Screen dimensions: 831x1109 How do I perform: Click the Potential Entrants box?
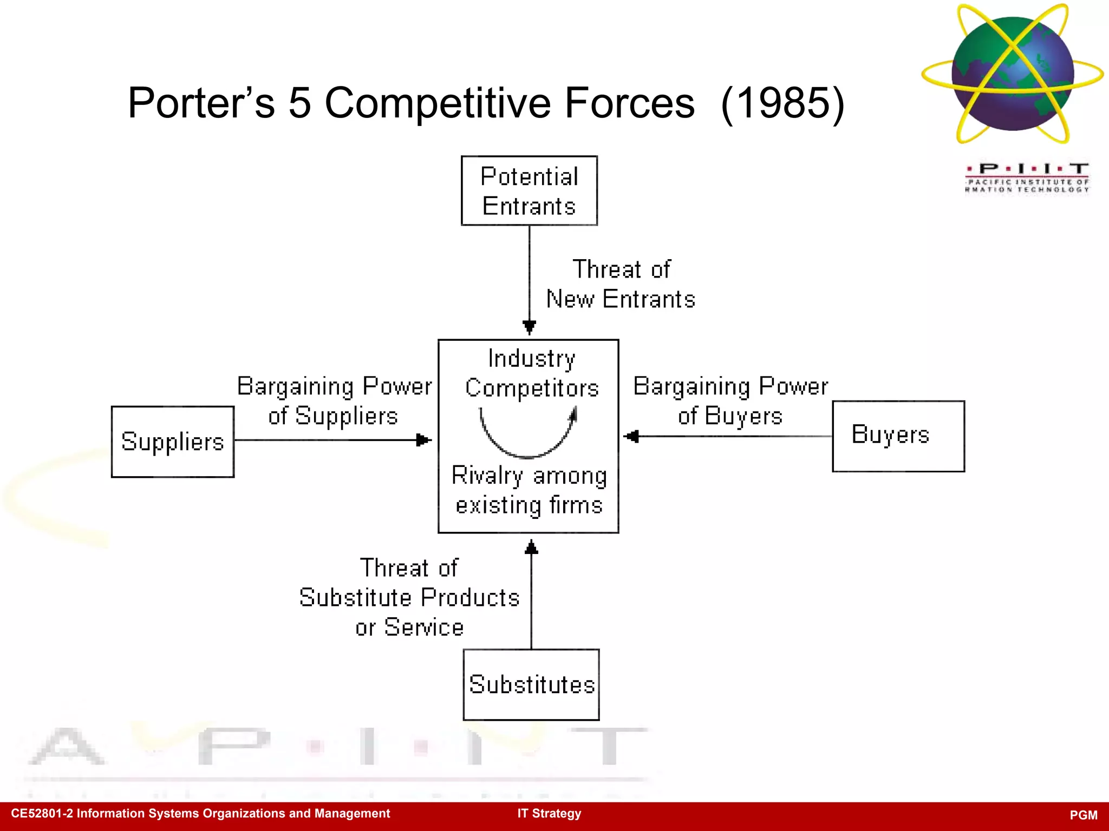pos(529,190)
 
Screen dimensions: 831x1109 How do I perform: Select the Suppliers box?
pos(172,441)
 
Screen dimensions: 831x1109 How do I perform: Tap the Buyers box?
pos(898,436)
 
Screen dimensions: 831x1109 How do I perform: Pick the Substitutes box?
pos(531,684)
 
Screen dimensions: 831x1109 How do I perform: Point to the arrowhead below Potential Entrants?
pos(529,326)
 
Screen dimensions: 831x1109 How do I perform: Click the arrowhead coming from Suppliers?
pos(423,440)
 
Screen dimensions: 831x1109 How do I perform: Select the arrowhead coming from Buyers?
pos(632,436)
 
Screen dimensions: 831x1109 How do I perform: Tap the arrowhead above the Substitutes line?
pos(531,548)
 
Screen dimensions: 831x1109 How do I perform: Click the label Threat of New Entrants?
pos(621,284)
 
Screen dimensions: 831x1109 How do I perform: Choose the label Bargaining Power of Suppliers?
pos(334,401)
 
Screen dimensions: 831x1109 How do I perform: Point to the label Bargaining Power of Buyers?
pos(730,401)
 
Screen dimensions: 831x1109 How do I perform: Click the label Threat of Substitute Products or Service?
pos(409,597)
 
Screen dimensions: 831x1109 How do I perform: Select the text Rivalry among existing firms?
pos(529,490)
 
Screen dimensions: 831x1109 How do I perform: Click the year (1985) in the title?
pos(782,103)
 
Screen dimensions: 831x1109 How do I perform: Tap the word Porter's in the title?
pos(201,103)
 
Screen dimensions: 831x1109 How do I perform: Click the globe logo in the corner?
pos(1012,74)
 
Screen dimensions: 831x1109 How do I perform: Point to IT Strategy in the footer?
pos(549,813)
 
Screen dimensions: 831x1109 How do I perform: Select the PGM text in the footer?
pos(1083,815)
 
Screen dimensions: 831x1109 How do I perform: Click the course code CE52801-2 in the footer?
pos(42,813)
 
